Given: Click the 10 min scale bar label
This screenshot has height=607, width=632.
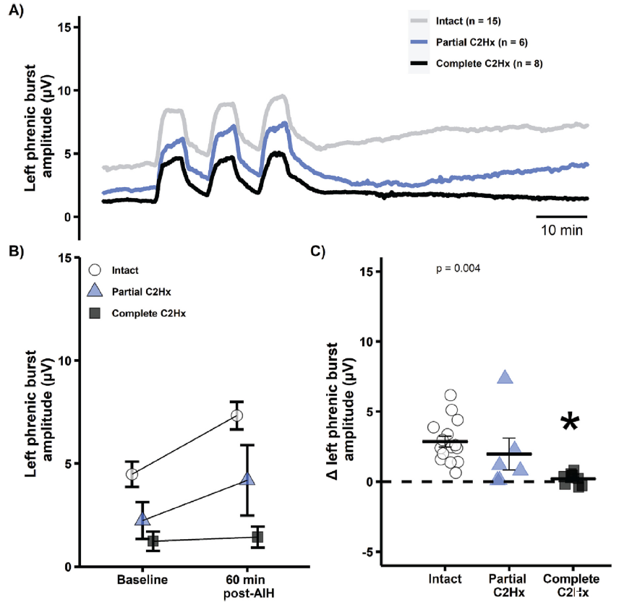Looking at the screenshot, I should tap(561, 231).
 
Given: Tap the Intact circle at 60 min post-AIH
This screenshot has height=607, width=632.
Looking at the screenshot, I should tap(236, 416).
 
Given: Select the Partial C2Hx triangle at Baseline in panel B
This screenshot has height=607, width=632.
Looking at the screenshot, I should tap(142, 519).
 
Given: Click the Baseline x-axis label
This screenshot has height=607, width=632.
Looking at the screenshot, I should tap(143, 581).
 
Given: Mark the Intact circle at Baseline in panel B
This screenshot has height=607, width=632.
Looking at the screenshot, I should tap(132, 474).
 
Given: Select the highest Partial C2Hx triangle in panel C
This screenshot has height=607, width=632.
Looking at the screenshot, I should tap(505, 376).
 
